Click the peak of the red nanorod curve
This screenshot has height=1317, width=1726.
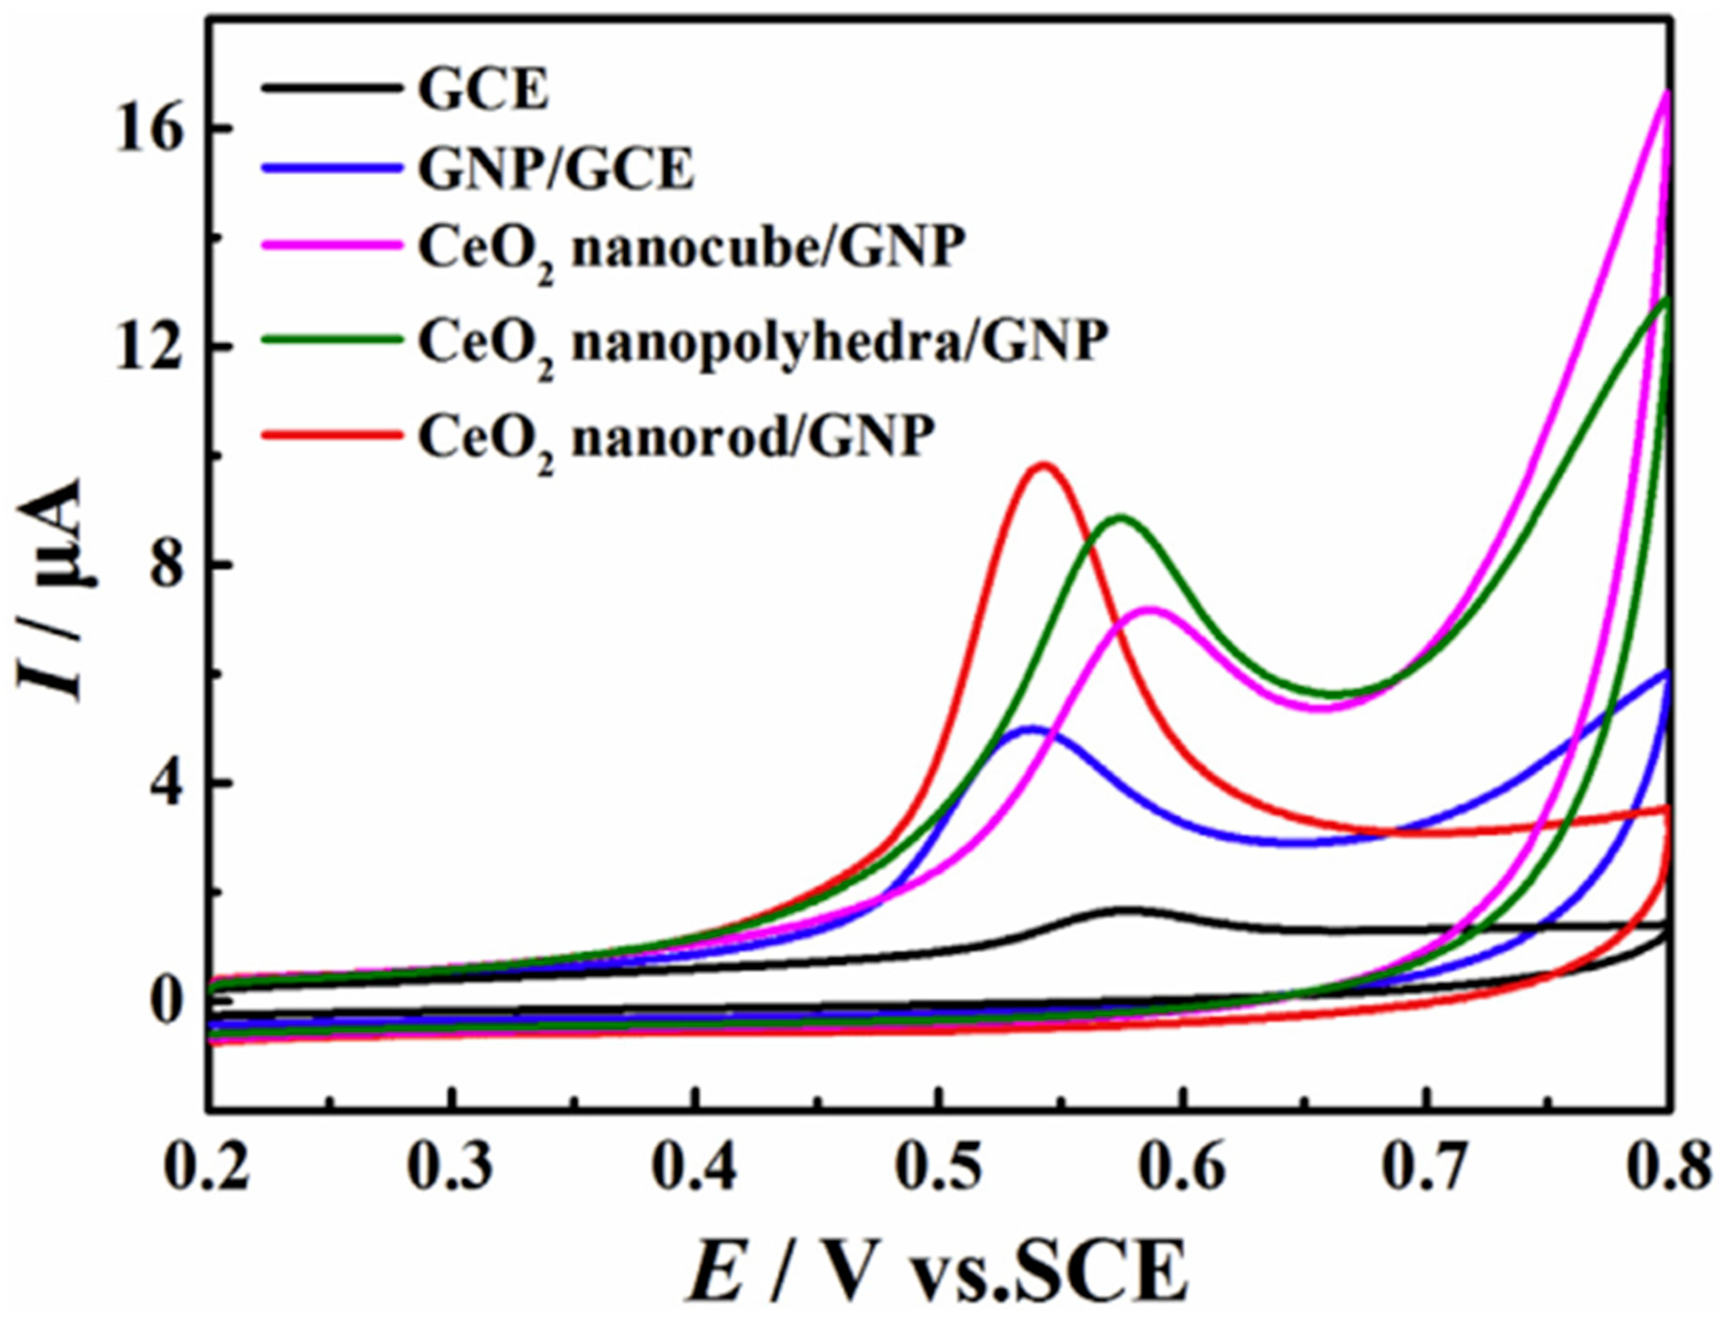pos(1044,465)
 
